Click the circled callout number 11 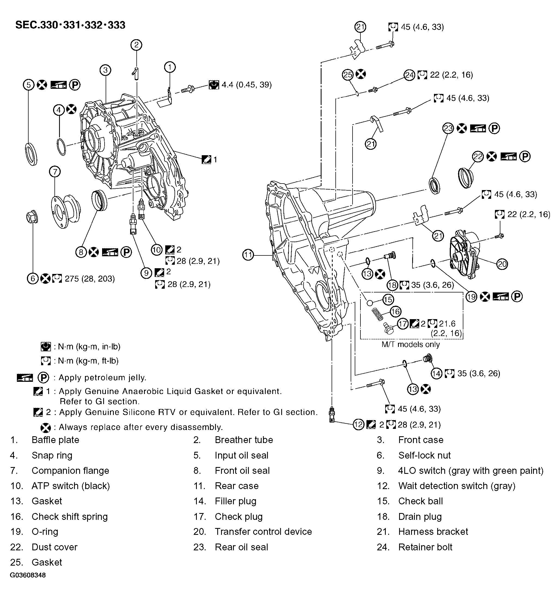(248, 255)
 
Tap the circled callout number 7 (55, 172)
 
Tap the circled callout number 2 (136, 45)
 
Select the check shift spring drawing (377, 315)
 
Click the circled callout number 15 (388, 299)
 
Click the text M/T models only (410, 344)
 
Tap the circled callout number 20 (502, 264)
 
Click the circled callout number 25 (348, 74)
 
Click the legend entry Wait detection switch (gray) (457, 486)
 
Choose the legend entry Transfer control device (263, 532)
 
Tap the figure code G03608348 (28, 575)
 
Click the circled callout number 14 (436, 374)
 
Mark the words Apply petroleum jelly (102, 377)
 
